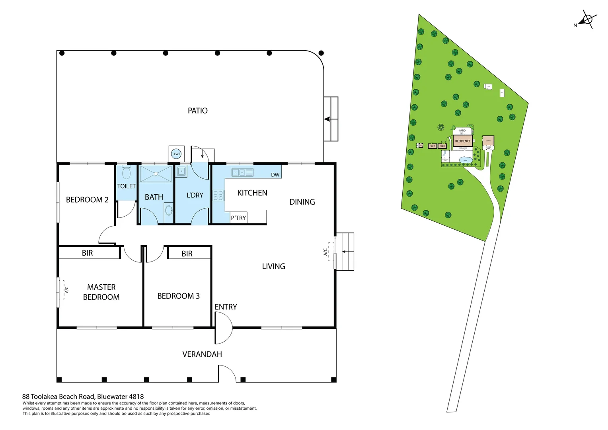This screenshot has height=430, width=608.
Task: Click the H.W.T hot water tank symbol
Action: (176, 154)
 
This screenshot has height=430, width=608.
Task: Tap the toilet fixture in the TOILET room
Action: (127, 173)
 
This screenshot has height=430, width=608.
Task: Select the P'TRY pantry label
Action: (238, 218)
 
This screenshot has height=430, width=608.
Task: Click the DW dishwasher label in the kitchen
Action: (275, 175)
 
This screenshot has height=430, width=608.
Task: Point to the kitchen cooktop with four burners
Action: (218, 195)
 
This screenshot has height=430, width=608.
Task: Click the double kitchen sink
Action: (238, 172)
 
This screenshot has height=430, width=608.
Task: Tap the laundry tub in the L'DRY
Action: (181, 172)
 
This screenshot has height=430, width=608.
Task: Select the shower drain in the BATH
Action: (156, 174)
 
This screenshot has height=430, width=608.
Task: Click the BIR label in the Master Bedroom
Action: (87, 253)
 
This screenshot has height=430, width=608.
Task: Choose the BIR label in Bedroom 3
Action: (187, 254)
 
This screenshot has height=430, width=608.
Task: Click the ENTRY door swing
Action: (223, 328)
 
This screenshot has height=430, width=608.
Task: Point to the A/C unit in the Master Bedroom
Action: (64, 289)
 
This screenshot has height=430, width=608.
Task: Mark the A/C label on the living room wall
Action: (325, 252)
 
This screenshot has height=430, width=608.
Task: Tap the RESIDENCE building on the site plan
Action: (462, 141)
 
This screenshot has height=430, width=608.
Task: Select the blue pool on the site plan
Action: (466, 160)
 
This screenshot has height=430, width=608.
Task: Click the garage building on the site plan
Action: (488, 141)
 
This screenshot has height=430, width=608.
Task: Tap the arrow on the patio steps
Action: (328, 119)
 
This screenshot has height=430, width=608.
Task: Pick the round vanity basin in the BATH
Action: (169, 209)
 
